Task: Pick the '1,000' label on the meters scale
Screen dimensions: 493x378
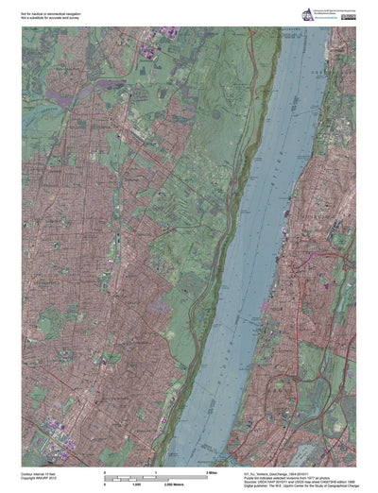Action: tap(135, 483)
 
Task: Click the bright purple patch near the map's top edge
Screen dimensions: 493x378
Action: tap(148, 46)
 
